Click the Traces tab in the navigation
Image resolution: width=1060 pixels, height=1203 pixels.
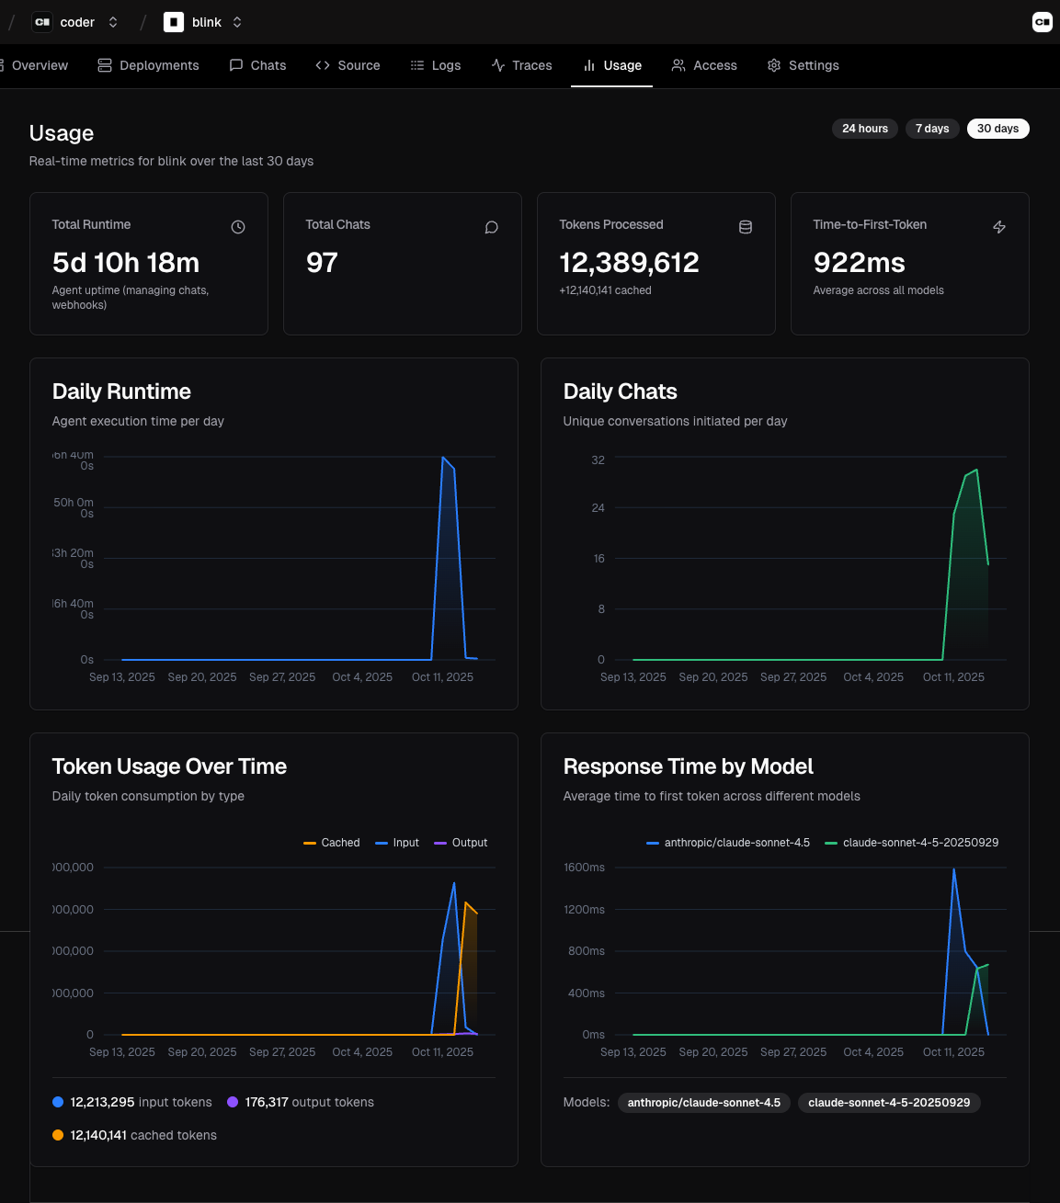point(521,65)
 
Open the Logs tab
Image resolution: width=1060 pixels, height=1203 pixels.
point(436,65)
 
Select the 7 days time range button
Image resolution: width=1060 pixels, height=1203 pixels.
point(931,129)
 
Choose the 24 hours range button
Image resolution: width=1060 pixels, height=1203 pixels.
point(864,129)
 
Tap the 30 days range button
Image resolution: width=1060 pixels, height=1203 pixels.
point(997,129)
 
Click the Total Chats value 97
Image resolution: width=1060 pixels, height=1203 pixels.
point(322,263)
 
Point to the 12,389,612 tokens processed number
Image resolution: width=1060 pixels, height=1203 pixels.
point(629,263)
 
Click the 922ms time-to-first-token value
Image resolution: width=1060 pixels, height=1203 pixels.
point(859,263)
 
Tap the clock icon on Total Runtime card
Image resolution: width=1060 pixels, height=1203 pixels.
point(238,227)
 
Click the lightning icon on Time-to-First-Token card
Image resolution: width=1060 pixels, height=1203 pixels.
point(999,227)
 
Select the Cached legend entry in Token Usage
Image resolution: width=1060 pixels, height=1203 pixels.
point(332,843)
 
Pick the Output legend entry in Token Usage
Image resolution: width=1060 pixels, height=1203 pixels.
point(461,843)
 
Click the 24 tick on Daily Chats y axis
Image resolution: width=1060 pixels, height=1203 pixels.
point(598,508)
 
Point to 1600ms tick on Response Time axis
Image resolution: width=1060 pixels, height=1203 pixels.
point(584,868)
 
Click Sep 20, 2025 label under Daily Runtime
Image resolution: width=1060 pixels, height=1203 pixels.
point(202,677)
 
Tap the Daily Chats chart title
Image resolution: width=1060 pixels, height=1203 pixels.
point(620,392)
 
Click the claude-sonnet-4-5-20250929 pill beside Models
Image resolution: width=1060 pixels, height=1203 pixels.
point(888,1103)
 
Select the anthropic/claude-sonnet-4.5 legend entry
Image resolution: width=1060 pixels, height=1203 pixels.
point(728,843)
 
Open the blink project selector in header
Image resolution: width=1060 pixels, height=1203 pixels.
point(203,22)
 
